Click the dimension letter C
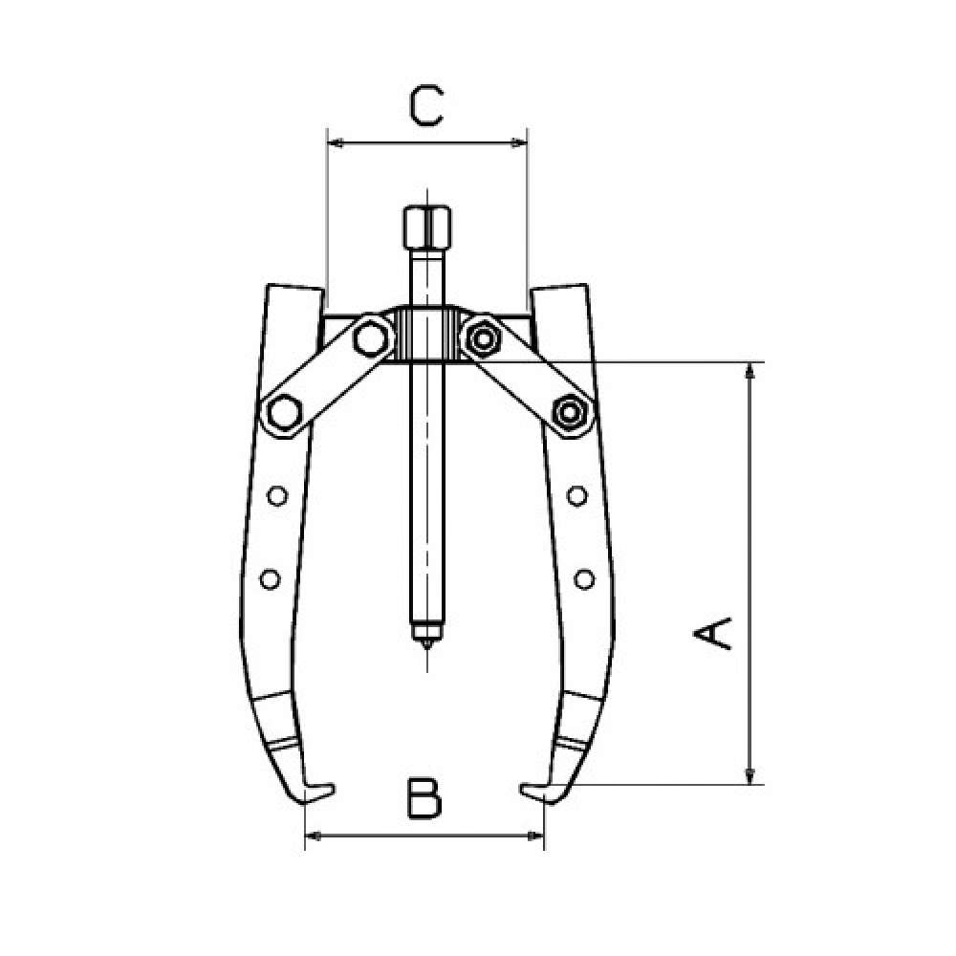pos(425,106)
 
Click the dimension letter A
pos(712,634)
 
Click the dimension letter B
pos(424,798)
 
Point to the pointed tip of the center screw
pos(426,647)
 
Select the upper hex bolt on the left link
pos(370,338)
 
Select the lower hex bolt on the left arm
pos(285,413)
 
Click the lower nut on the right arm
pos(570,413)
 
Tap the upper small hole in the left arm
pos(277,495)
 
